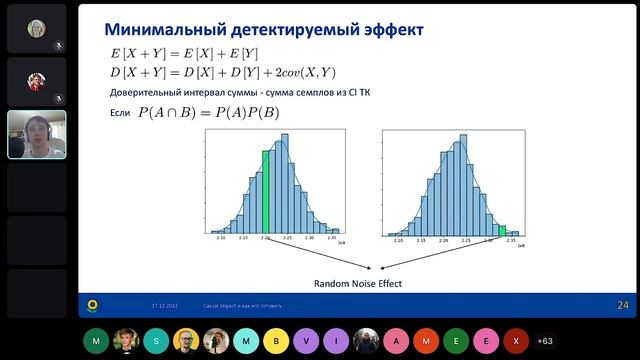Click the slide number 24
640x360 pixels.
(622, 305)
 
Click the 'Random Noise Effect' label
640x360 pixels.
(359, 283)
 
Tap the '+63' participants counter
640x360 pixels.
(545, 340)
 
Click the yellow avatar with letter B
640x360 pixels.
(274, 340)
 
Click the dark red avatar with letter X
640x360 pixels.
(515, 340)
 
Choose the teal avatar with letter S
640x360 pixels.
(155, 340)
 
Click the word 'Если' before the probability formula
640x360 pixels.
(119, 113)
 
